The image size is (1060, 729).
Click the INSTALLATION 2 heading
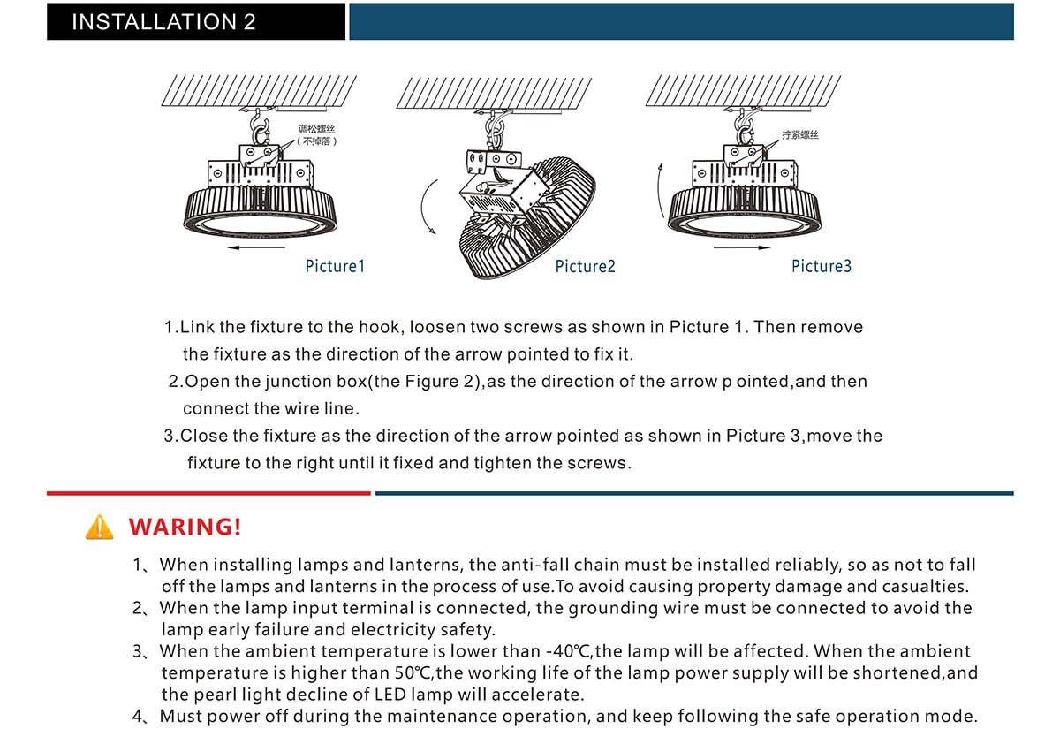pyautogui.click(x=163, y=22)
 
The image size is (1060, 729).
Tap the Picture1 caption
pyautogui.click(x=335, y=266)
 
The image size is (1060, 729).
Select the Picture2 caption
pyautogui.click(x=585, y=266)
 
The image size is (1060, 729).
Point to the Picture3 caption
pyautogui.click(x=821, y=266)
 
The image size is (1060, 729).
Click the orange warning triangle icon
pyautogui.click(x=100, y=527)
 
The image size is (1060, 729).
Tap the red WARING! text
pyautogui.click(x=185, y=528)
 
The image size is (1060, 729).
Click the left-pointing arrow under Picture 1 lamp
pyautogui.click(x=255, y=249)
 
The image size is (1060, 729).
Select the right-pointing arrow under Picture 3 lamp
pyautogui.click(x=743, y=249)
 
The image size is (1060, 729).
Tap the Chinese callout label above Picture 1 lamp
pyautogui.click(x=317, y=135)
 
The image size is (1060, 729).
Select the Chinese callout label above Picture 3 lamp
pyautogui.click(x=800, y=135)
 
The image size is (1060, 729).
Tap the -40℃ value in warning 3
pyautogui.click(x=569, y=652)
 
